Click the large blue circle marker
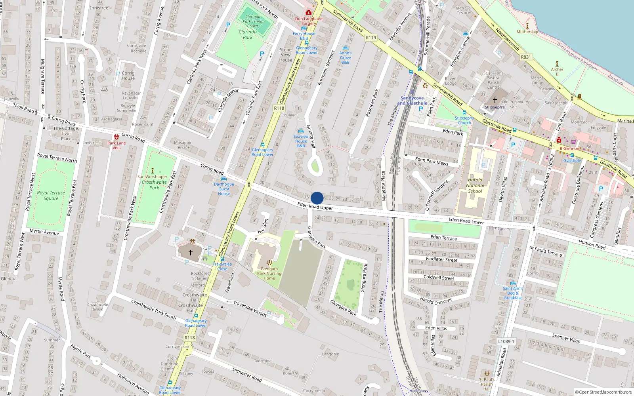(x=317, y=198)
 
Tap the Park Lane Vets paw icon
(x=116, y=137)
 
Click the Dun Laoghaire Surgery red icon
(x=309, y=13)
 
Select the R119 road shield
(x=371, y=38)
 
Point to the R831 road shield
(x=526, y=57)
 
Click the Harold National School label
(x=475, y=185)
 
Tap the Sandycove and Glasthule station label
(x=412, y=101)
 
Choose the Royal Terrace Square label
(x=51, y=195)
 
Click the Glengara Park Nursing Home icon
(x=269, y=263)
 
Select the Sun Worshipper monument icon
(x=153, y=171)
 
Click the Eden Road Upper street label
(x=315, y=206)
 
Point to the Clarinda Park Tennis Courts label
(x=253, y=21)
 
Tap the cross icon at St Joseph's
(x=495, y=100)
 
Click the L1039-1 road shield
(x=506, y=341)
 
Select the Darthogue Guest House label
(x=224, y=189)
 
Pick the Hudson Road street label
(x=592, y=244)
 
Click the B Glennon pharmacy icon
(x=559, y=140)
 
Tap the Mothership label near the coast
(x=527, y=32)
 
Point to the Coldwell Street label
(x=439, y=277)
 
